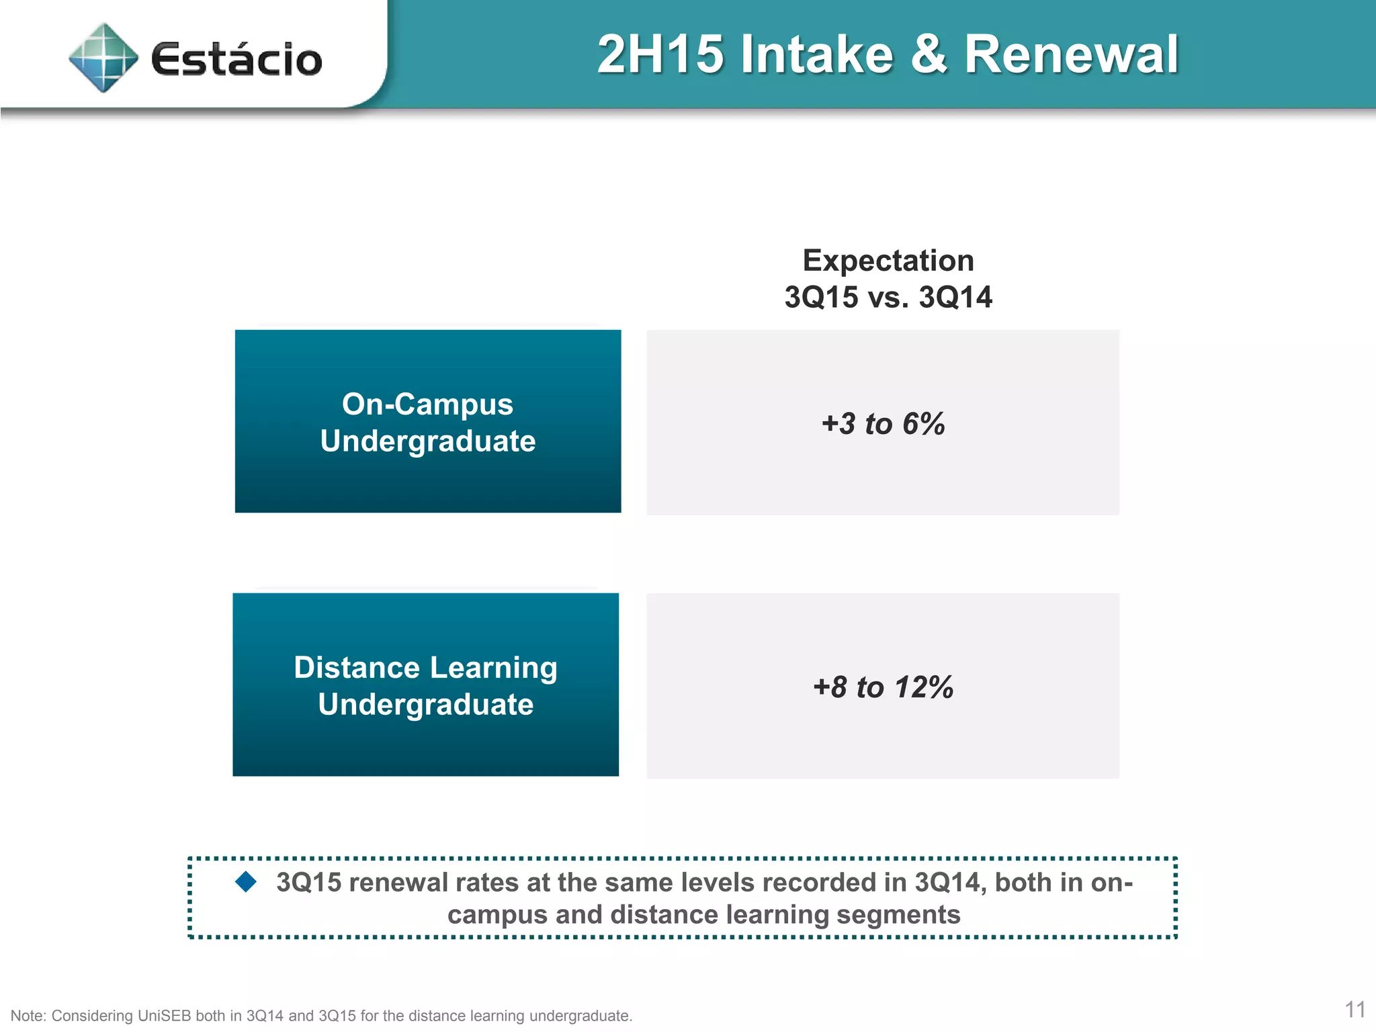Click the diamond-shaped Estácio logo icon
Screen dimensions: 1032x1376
click(103, 58)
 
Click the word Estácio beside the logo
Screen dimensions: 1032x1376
click(236, 59)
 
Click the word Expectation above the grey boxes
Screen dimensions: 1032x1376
click(888, 261)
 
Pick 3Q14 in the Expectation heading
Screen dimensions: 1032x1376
click(955, 297)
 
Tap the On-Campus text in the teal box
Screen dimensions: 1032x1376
click(427, 404)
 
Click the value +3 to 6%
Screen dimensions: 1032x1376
click(883, 424)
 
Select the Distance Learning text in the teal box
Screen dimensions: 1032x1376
click(425, 668)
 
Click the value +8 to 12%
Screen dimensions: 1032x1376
click(883, 687)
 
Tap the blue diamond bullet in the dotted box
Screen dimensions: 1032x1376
click(246, 881)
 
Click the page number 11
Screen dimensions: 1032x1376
click(1354, 1009)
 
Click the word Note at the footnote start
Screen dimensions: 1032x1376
click(28, 1016)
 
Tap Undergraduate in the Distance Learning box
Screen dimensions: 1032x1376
click(425, 705)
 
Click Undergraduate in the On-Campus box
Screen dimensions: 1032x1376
click(427, 441)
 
